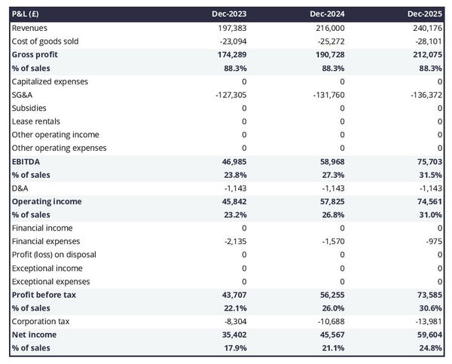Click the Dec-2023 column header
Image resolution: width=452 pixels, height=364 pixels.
click(x=230, y=14)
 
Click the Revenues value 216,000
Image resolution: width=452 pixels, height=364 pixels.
click(x=329, y=28)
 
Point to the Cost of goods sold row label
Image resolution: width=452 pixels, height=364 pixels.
click(x=45, y=41)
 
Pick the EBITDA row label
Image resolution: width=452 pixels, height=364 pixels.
click(x=26, y=161)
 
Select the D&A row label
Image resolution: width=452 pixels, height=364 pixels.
click(x=20, y=188)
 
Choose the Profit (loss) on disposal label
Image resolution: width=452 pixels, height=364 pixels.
click(x=56, y=255)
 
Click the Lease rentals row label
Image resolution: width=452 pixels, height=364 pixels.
click(x=36, y=121)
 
